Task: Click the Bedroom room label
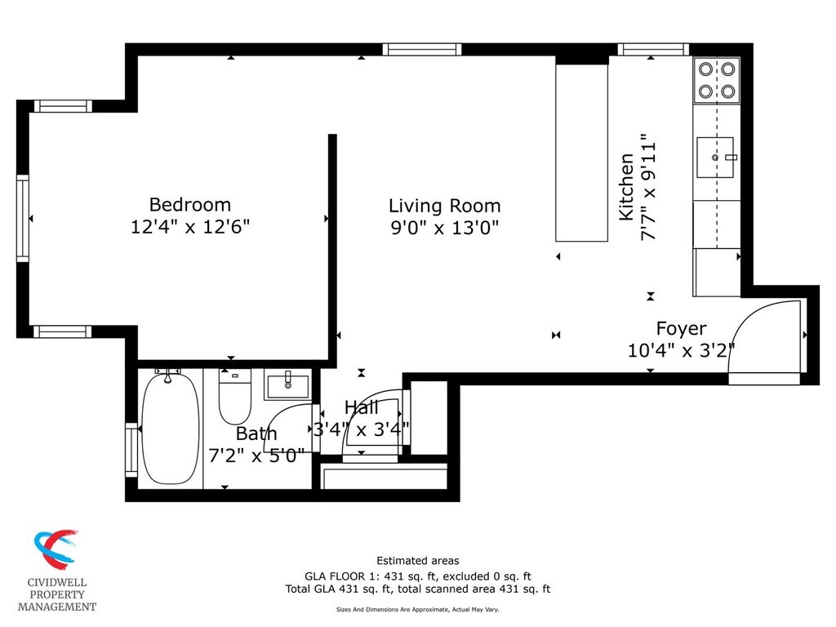189,205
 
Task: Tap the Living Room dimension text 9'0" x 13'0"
445,229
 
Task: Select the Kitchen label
626,187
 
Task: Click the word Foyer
682,329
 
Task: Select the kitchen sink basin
715,158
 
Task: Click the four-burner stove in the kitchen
717,80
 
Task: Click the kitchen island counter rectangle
581,153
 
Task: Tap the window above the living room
422,50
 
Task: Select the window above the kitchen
653,50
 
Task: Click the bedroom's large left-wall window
22,218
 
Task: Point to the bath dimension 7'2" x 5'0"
256,456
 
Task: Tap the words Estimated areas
417,561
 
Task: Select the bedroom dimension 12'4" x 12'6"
189,227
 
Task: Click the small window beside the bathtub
131,450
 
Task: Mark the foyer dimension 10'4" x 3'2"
681,351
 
